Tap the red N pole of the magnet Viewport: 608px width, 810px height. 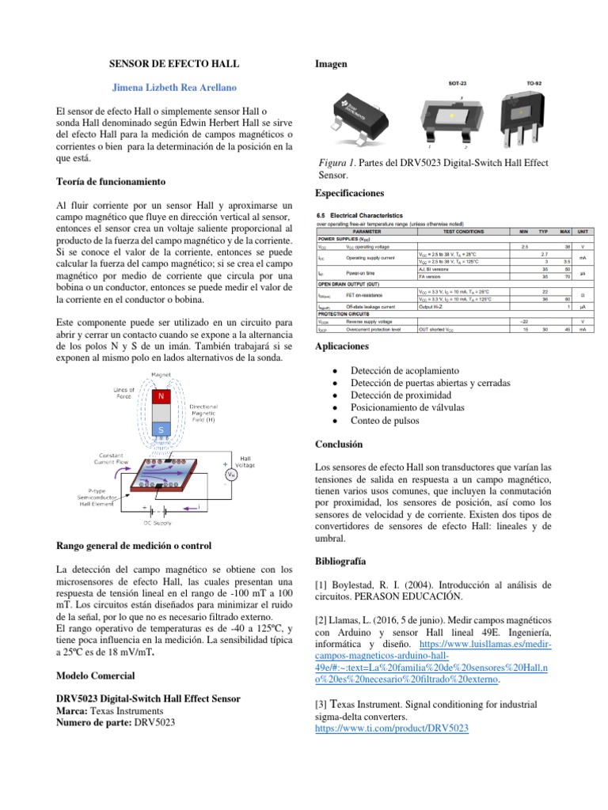tap(161, 396)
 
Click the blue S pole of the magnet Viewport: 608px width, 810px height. tap(161, 430)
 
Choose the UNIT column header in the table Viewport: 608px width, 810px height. tap(582, 231)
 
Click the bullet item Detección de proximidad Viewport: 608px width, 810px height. tap(400, 395)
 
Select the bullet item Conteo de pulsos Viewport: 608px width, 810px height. tap(386, 420)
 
